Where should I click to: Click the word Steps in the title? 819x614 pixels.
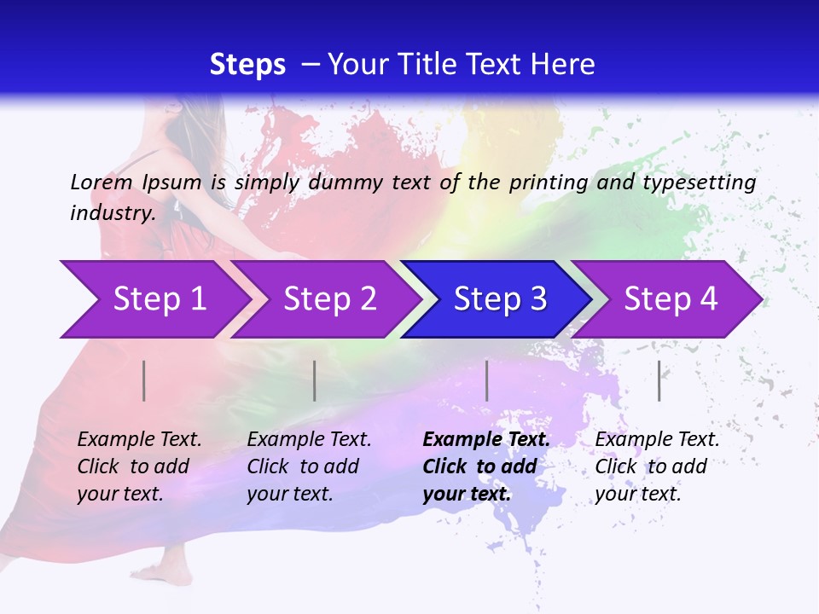coord(247,65)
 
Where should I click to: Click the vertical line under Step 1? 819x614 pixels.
coord(144,380)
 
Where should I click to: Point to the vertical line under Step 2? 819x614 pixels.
coord(315,380)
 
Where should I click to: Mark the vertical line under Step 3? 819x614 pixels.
coord(487,380)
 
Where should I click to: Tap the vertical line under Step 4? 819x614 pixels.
coord(659,380)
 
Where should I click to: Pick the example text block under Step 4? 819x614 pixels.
coord(657,466)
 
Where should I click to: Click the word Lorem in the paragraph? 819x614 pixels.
coord(102,182)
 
